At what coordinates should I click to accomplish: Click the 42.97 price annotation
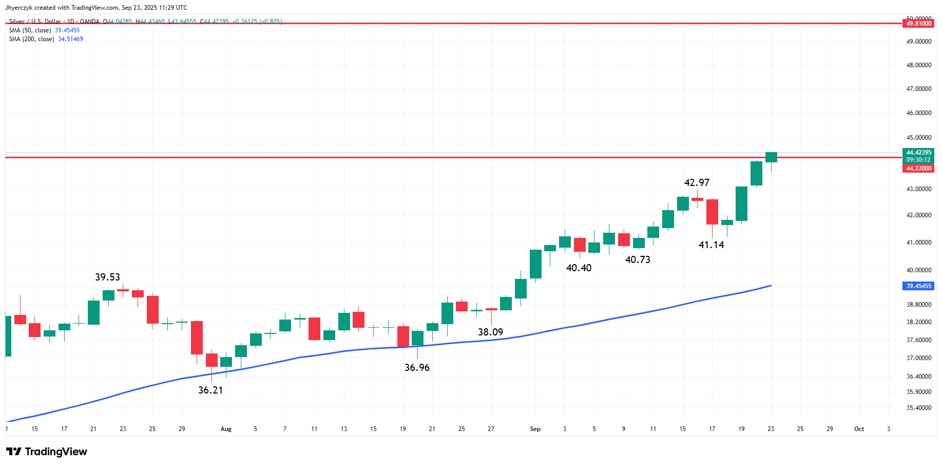point(697,183)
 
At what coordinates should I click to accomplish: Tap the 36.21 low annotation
point(210,390)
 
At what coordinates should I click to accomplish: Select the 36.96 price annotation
point(417,368)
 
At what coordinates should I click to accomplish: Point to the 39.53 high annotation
point(107,277)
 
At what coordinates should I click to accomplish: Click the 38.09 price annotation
point(490,332)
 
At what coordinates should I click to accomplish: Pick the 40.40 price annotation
point(579,268)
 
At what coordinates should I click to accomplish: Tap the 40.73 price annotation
point(638,260)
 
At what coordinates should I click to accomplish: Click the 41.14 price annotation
point(711,245)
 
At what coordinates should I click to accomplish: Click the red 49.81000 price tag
point(918,24)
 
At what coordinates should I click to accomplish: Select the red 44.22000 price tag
point(918,169)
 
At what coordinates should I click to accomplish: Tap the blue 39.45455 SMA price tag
point(918,286)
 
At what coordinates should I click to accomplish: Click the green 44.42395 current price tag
point(918,153)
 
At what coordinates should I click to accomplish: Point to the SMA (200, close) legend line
point(46,39)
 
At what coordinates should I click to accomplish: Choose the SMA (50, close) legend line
point(44,30)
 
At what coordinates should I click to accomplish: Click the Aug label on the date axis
point(226,429)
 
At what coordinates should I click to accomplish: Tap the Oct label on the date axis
point(859,429)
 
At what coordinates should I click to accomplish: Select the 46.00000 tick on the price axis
point(918,113)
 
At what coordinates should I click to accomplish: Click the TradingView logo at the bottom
point(47,452)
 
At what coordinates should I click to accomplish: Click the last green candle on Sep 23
point(771,157)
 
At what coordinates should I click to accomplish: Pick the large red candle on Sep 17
point(712,212)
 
